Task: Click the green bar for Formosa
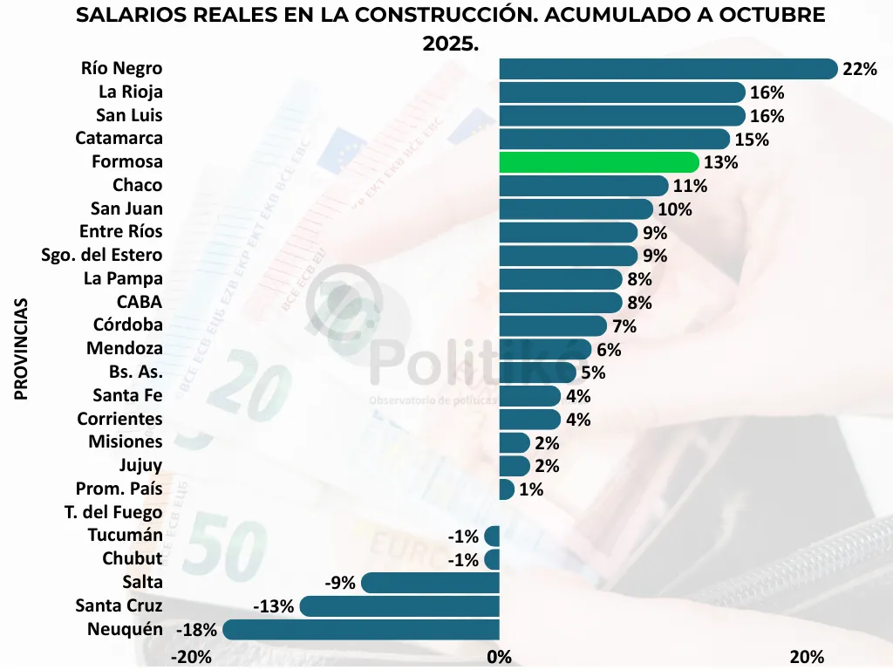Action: [x=599, y=162]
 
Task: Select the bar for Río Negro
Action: [x=668, y=69]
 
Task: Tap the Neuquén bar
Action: [x=361, y=630]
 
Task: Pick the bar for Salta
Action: [x=430, y=583]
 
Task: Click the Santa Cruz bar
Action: [x=399, y=606]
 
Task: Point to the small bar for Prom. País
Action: [x=507, y=489]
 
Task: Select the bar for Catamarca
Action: [x=614, y=139]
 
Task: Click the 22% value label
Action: [x=860, y=70]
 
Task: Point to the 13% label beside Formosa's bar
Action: [x=721, y=163]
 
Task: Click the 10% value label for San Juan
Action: [x=675, y=209]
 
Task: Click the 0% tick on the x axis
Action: [x=499, y=657]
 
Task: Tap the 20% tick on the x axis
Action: [x=807, y=657]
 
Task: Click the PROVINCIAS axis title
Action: [x=22, y=349]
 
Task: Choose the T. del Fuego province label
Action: [x=113, y=512]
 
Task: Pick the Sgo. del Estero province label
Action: [x=102, y=255]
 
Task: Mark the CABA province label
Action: [x=140, y=302]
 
